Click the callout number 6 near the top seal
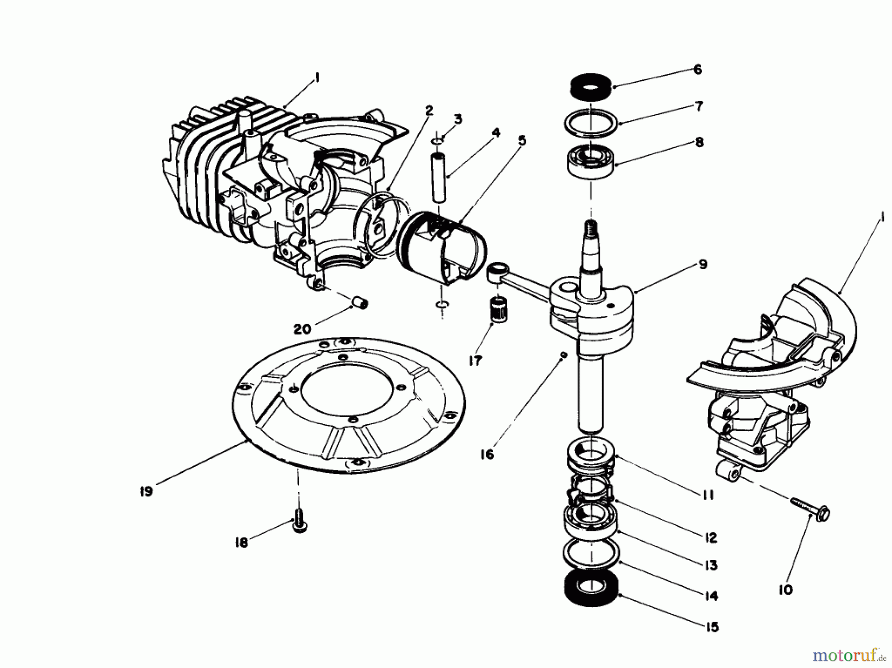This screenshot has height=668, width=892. click(x=698, y=69)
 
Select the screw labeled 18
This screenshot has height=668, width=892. click(x=298, y=522)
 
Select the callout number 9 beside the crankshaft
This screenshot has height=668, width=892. click(x=703, y=264)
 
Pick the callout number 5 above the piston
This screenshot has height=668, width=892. click(x=522, y=141)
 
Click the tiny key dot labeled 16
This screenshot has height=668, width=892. click(x=562, y=355)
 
